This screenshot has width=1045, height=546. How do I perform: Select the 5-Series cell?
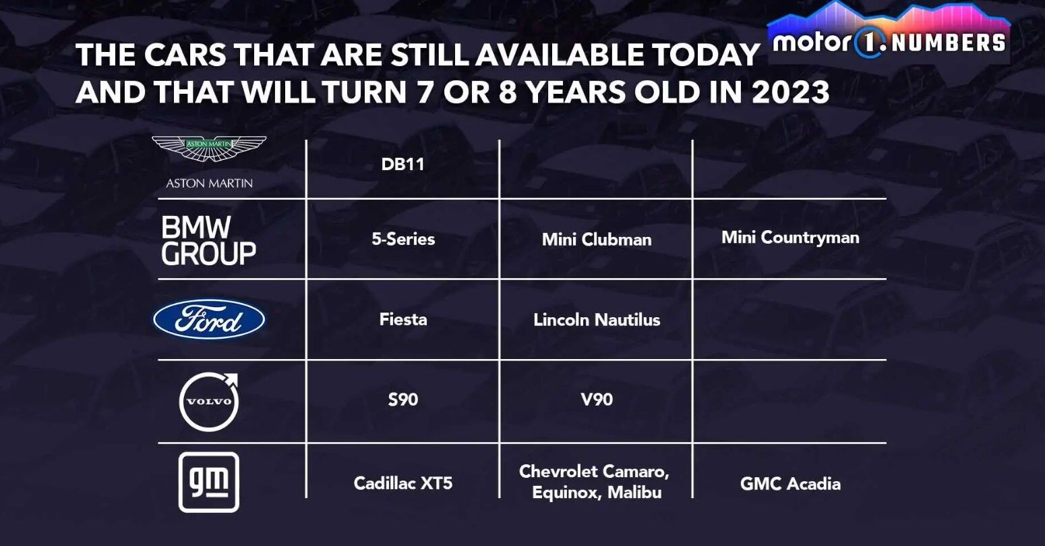tap(403, 239)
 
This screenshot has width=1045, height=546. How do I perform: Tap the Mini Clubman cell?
tap(597, 240)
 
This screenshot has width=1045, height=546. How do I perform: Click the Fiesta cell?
tap(403, 319)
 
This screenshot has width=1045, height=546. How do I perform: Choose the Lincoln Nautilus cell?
tap(597, 320)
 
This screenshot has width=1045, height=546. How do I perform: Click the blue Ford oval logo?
tap(209, 319)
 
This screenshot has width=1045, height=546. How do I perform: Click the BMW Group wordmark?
tap(208, 240)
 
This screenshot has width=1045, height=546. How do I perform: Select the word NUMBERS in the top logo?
tap(948, 43)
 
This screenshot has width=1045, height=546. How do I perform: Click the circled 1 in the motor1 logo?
tap(868, 43)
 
